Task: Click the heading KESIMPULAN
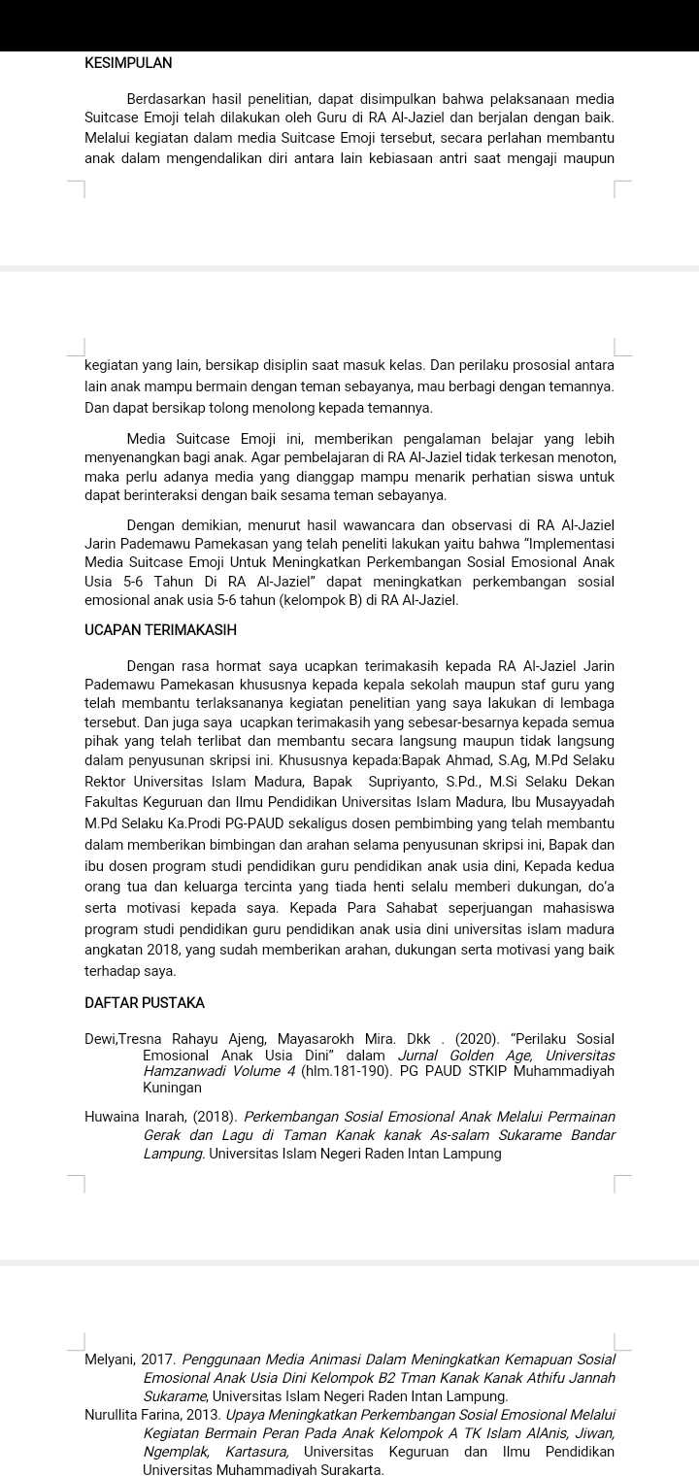pos(128,63)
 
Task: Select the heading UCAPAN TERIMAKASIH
pos(160,630)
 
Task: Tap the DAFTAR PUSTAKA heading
pos(145,1002)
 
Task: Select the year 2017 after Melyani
pos(158,1359)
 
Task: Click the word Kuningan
pos(172,1089)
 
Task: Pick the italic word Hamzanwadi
pos(184,1071)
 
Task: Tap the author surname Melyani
pos(111,1359)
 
